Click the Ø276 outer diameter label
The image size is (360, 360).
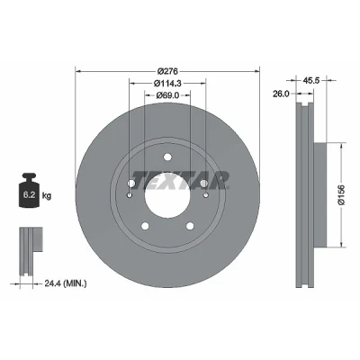167,71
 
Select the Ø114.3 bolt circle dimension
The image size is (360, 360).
167,83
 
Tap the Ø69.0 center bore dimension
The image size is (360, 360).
167,95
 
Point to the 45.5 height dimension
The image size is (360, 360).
311,80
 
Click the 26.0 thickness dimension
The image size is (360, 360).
281,94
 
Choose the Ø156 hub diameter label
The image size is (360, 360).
342,195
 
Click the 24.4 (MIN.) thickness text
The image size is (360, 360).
66,283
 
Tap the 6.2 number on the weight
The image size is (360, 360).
29,195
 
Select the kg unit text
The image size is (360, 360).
47,196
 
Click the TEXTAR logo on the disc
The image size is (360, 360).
181,181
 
